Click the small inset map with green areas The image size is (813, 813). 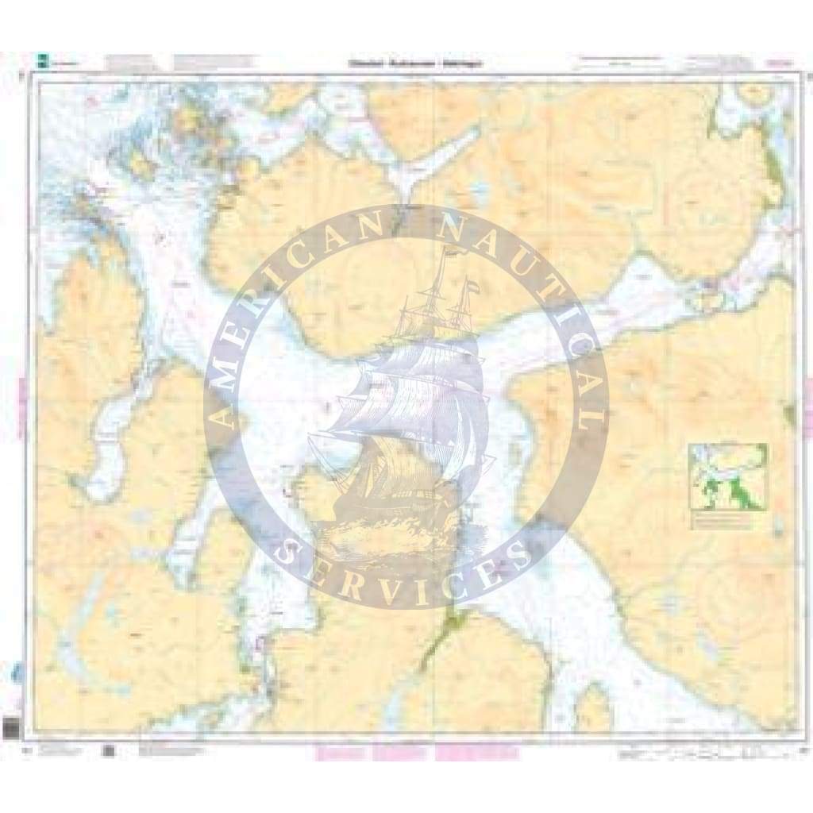click(x=728, y=476)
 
